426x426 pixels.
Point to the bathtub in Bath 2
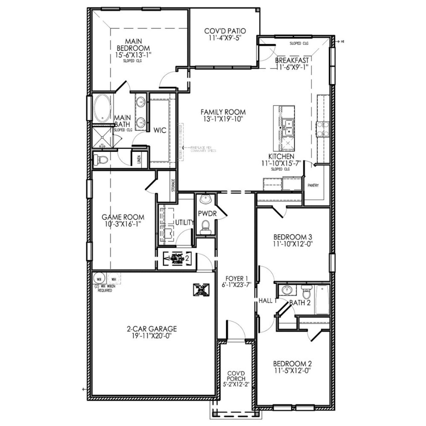[322, 300]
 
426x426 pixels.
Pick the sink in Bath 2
[286, 290]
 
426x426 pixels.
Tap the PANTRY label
[313, 185]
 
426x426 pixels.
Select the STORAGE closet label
[173, 185]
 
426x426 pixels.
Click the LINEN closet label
[139, 160]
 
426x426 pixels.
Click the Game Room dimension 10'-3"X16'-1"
[123, 224]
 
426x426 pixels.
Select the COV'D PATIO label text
[225, 31]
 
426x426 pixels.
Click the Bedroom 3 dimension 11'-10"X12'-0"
[293, 244]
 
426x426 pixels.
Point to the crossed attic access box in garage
[202, 290]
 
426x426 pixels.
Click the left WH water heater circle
[99, 279]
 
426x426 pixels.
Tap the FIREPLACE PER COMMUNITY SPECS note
[203, 149]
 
